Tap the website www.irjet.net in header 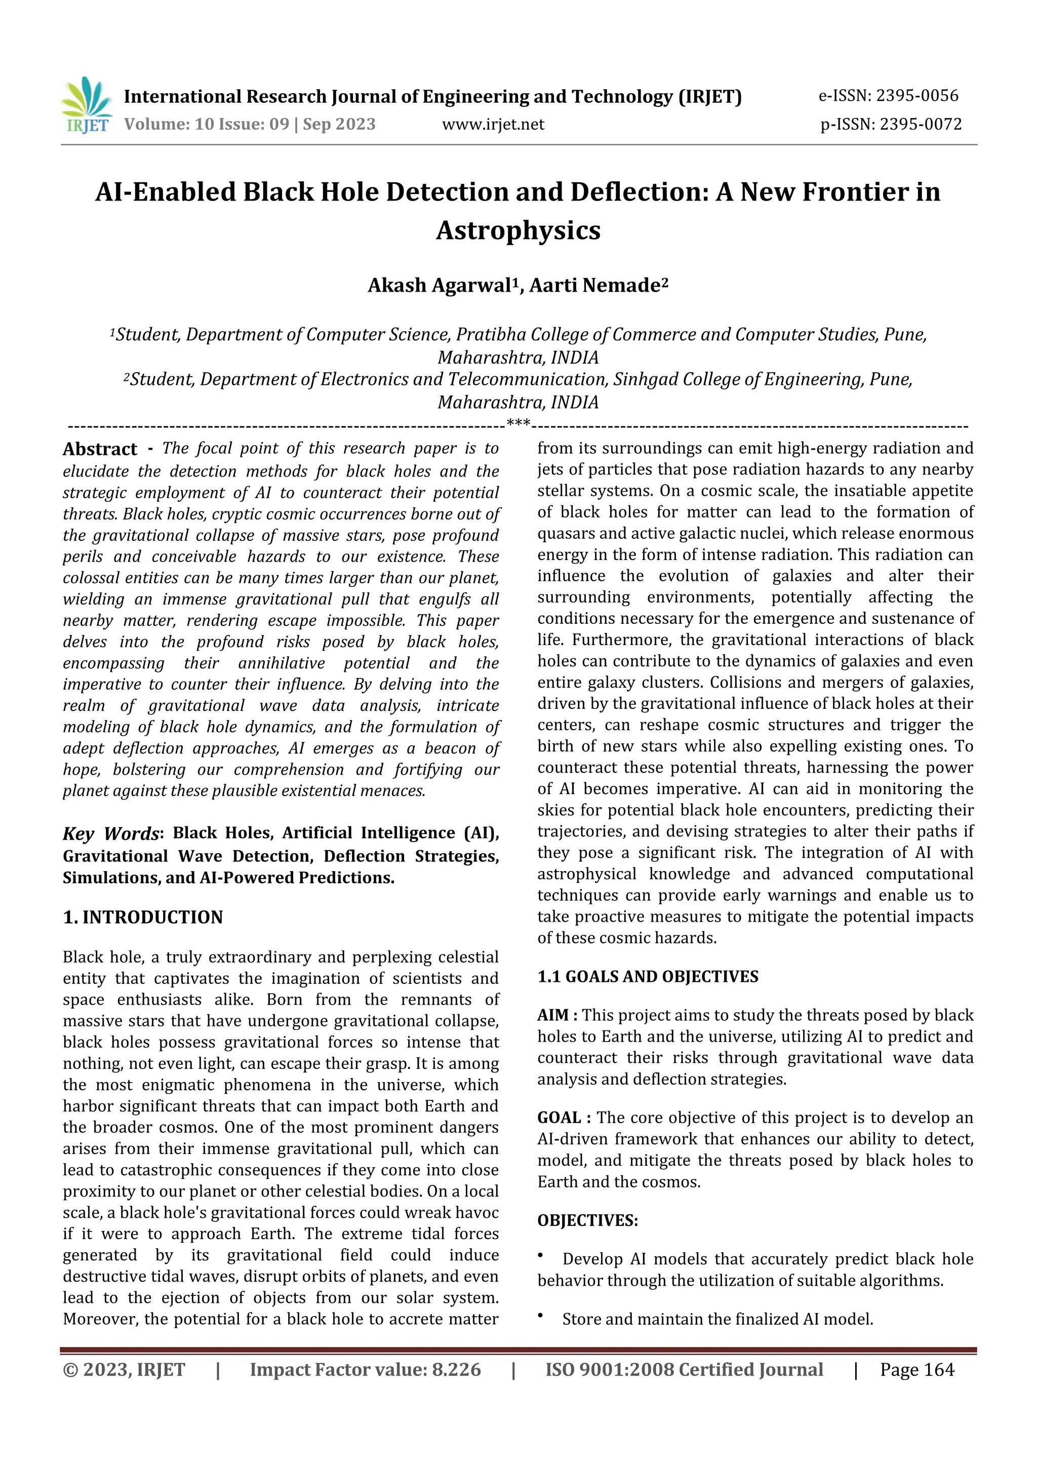click(493, 124)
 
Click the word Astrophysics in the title click(518, 230)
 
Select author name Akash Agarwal click(440, 285)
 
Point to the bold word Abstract click(100, 449)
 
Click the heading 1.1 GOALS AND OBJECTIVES click(647, 976)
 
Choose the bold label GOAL click(559, 1118)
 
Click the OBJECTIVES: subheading click(587, 1220)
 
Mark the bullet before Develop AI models click(541, 1256)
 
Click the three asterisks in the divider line click(517, 422)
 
